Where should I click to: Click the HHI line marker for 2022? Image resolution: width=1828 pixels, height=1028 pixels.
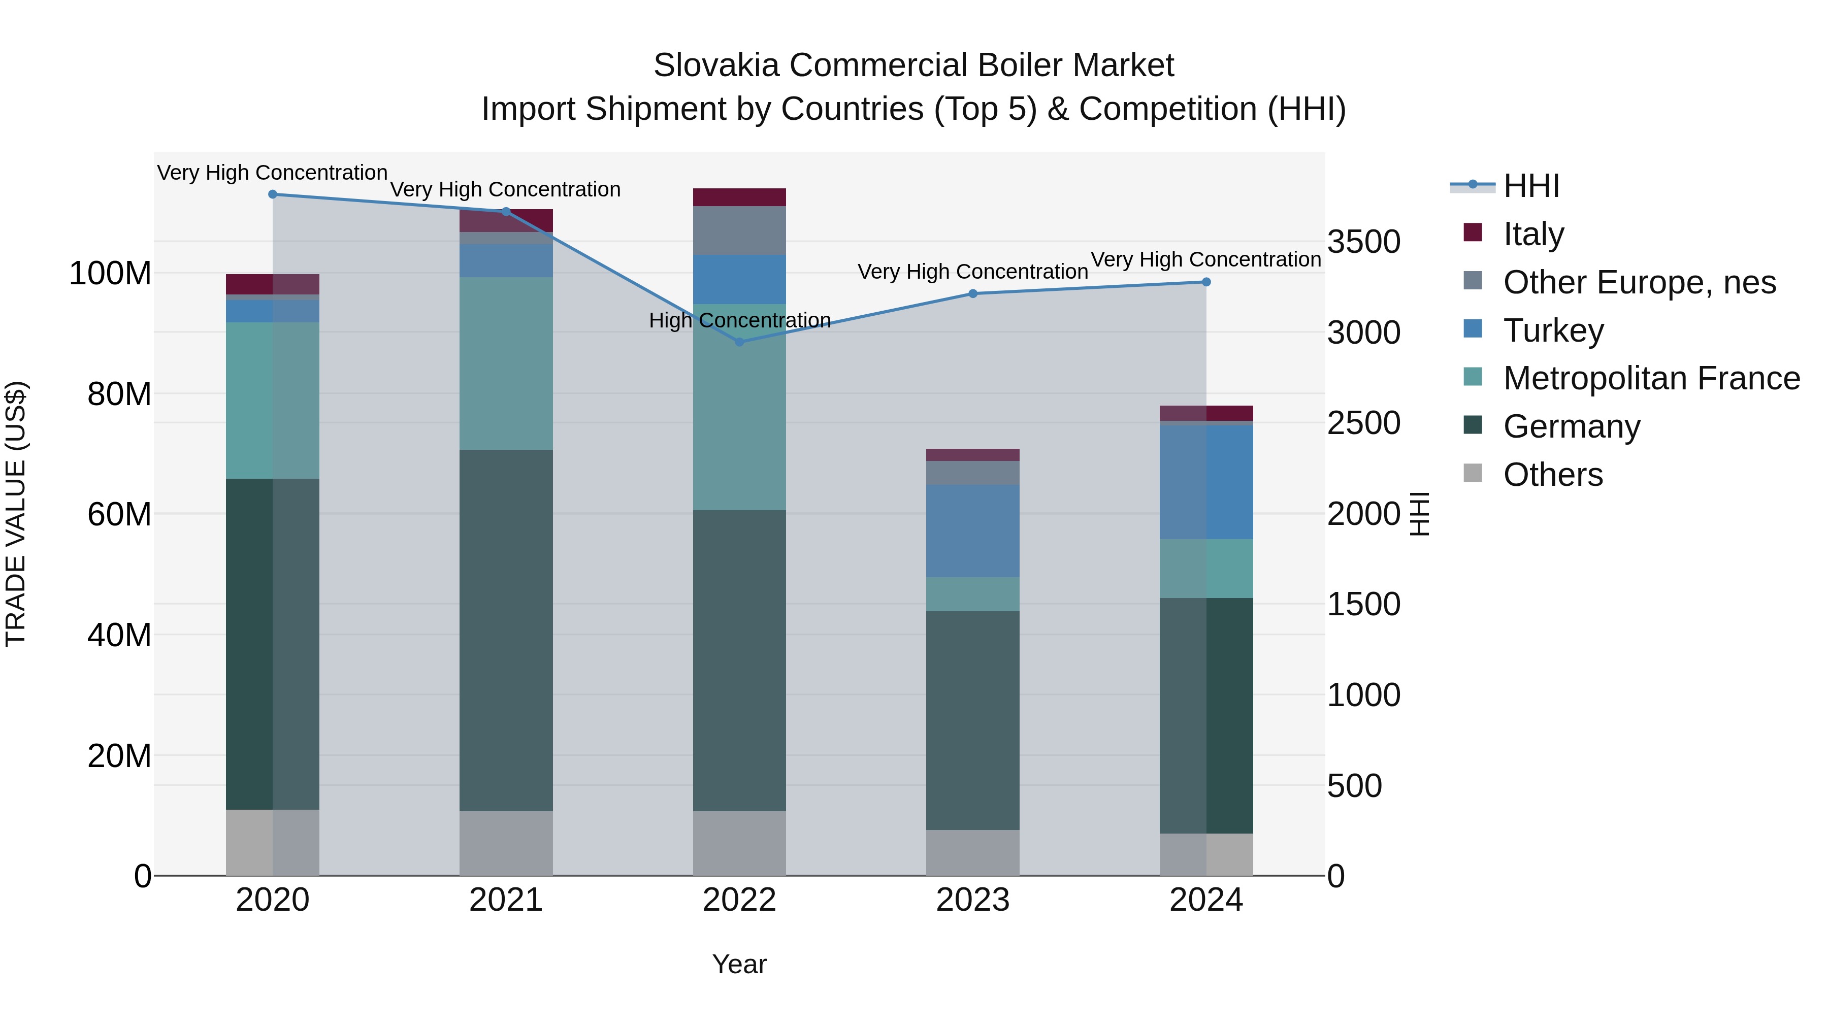pos(739,342)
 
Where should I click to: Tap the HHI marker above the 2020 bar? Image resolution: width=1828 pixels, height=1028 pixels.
pos(273,194)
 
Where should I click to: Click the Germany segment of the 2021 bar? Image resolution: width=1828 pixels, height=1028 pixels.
pos(506,630)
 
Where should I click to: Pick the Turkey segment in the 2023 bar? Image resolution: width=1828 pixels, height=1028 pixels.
pos(972,530)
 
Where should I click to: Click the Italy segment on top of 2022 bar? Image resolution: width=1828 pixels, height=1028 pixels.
pos(739,197)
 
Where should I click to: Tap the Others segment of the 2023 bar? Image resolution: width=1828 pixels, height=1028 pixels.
pos(972,853)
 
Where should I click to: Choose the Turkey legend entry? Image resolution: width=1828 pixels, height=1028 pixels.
pos(1553,330)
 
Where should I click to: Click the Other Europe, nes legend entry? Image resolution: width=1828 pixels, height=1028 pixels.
pos(1639,282)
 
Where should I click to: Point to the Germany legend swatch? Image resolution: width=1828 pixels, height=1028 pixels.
pos(1473,426)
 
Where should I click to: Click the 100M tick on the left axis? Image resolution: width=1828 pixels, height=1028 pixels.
pos(110,273)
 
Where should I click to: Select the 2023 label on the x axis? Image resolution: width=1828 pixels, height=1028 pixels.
pos(972,900)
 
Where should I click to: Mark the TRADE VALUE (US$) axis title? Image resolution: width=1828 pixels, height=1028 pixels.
pos(16,514)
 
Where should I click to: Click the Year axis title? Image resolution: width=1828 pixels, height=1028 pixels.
pos(739,964)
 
